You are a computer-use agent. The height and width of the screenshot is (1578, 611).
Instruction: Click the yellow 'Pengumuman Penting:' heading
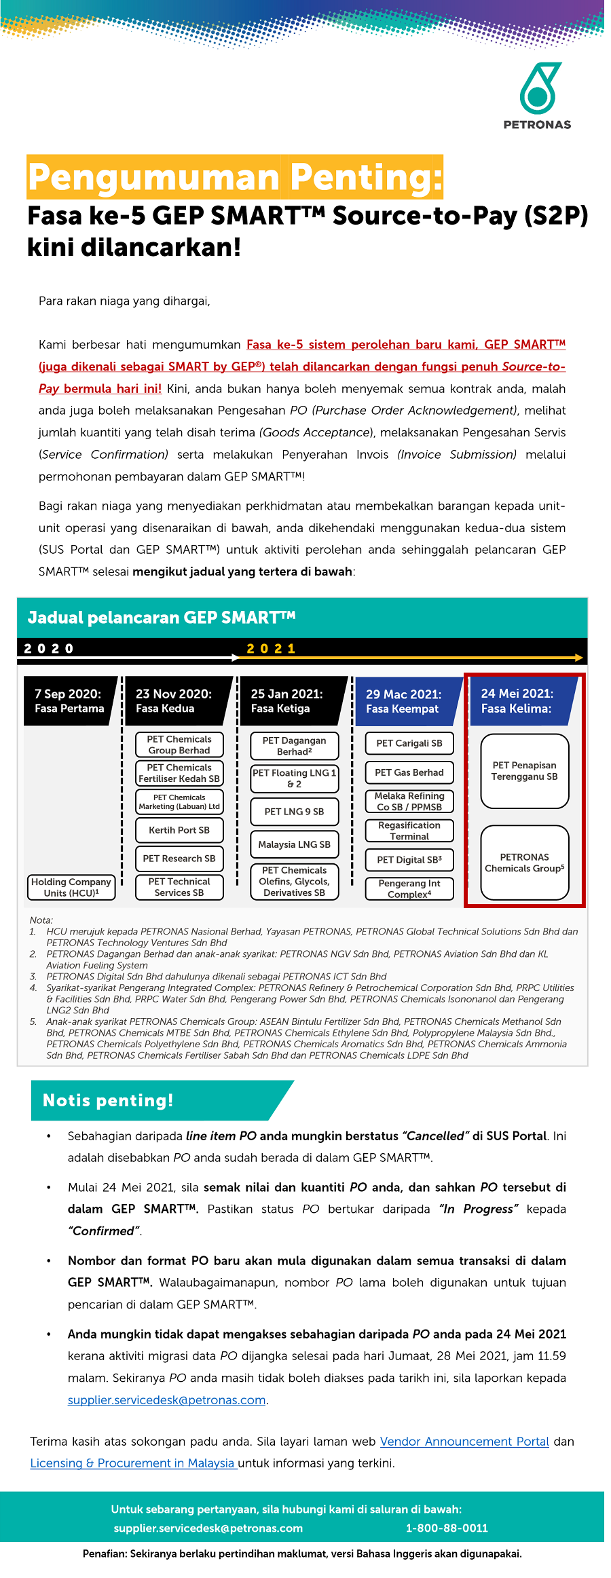pos(235,177)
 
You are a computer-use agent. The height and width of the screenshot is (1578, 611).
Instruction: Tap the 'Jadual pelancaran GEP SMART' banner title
pos(162,618)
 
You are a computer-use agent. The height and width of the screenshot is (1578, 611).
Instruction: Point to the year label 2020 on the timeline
pos(49,649)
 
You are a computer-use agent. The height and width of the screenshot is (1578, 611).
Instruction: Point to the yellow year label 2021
pos(271,649)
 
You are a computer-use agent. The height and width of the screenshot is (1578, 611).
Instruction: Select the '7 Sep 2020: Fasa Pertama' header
pos(69,701)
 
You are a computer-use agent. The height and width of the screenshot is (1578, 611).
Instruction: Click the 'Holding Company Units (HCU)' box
pos(71,887)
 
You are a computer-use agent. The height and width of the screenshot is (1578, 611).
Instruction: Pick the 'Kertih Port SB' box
pos(179,830)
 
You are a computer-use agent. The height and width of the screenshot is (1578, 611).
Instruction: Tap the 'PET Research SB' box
pos(179,859)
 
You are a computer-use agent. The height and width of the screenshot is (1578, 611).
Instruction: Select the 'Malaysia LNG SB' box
pos(294,844)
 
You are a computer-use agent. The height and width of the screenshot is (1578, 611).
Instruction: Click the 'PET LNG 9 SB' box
pos(294,812)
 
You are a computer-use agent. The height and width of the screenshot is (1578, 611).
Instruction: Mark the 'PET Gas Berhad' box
pos(409,772)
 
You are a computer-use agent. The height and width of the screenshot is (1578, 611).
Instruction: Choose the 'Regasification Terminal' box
pos(409,831)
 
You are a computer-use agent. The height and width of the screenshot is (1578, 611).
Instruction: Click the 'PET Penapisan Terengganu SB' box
pos(524,771)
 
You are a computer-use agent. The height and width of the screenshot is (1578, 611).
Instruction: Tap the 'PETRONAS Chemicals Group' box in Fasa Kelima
pos(524,863)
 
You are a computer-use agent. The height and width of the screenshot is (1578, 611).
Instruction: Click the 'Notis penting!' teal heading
pos(109,1100)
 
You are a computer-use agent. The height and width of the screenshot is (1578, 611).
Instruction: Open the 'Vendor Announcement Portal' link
pos(464,1441)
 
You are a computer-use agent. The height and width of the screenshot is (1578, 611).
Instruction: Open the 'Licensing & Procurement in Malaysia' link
pos(132,1463)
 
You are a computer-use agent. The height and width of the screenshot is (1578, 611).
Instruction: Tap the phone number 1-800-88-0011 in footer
pos(447,1528)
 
